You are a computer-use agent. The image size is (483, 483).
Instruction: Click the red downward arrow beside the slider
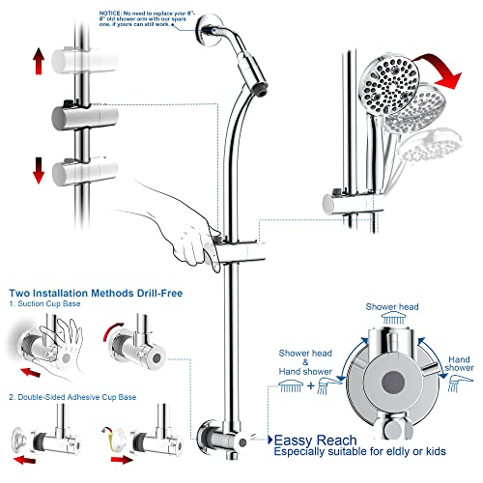click(40, 169)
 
